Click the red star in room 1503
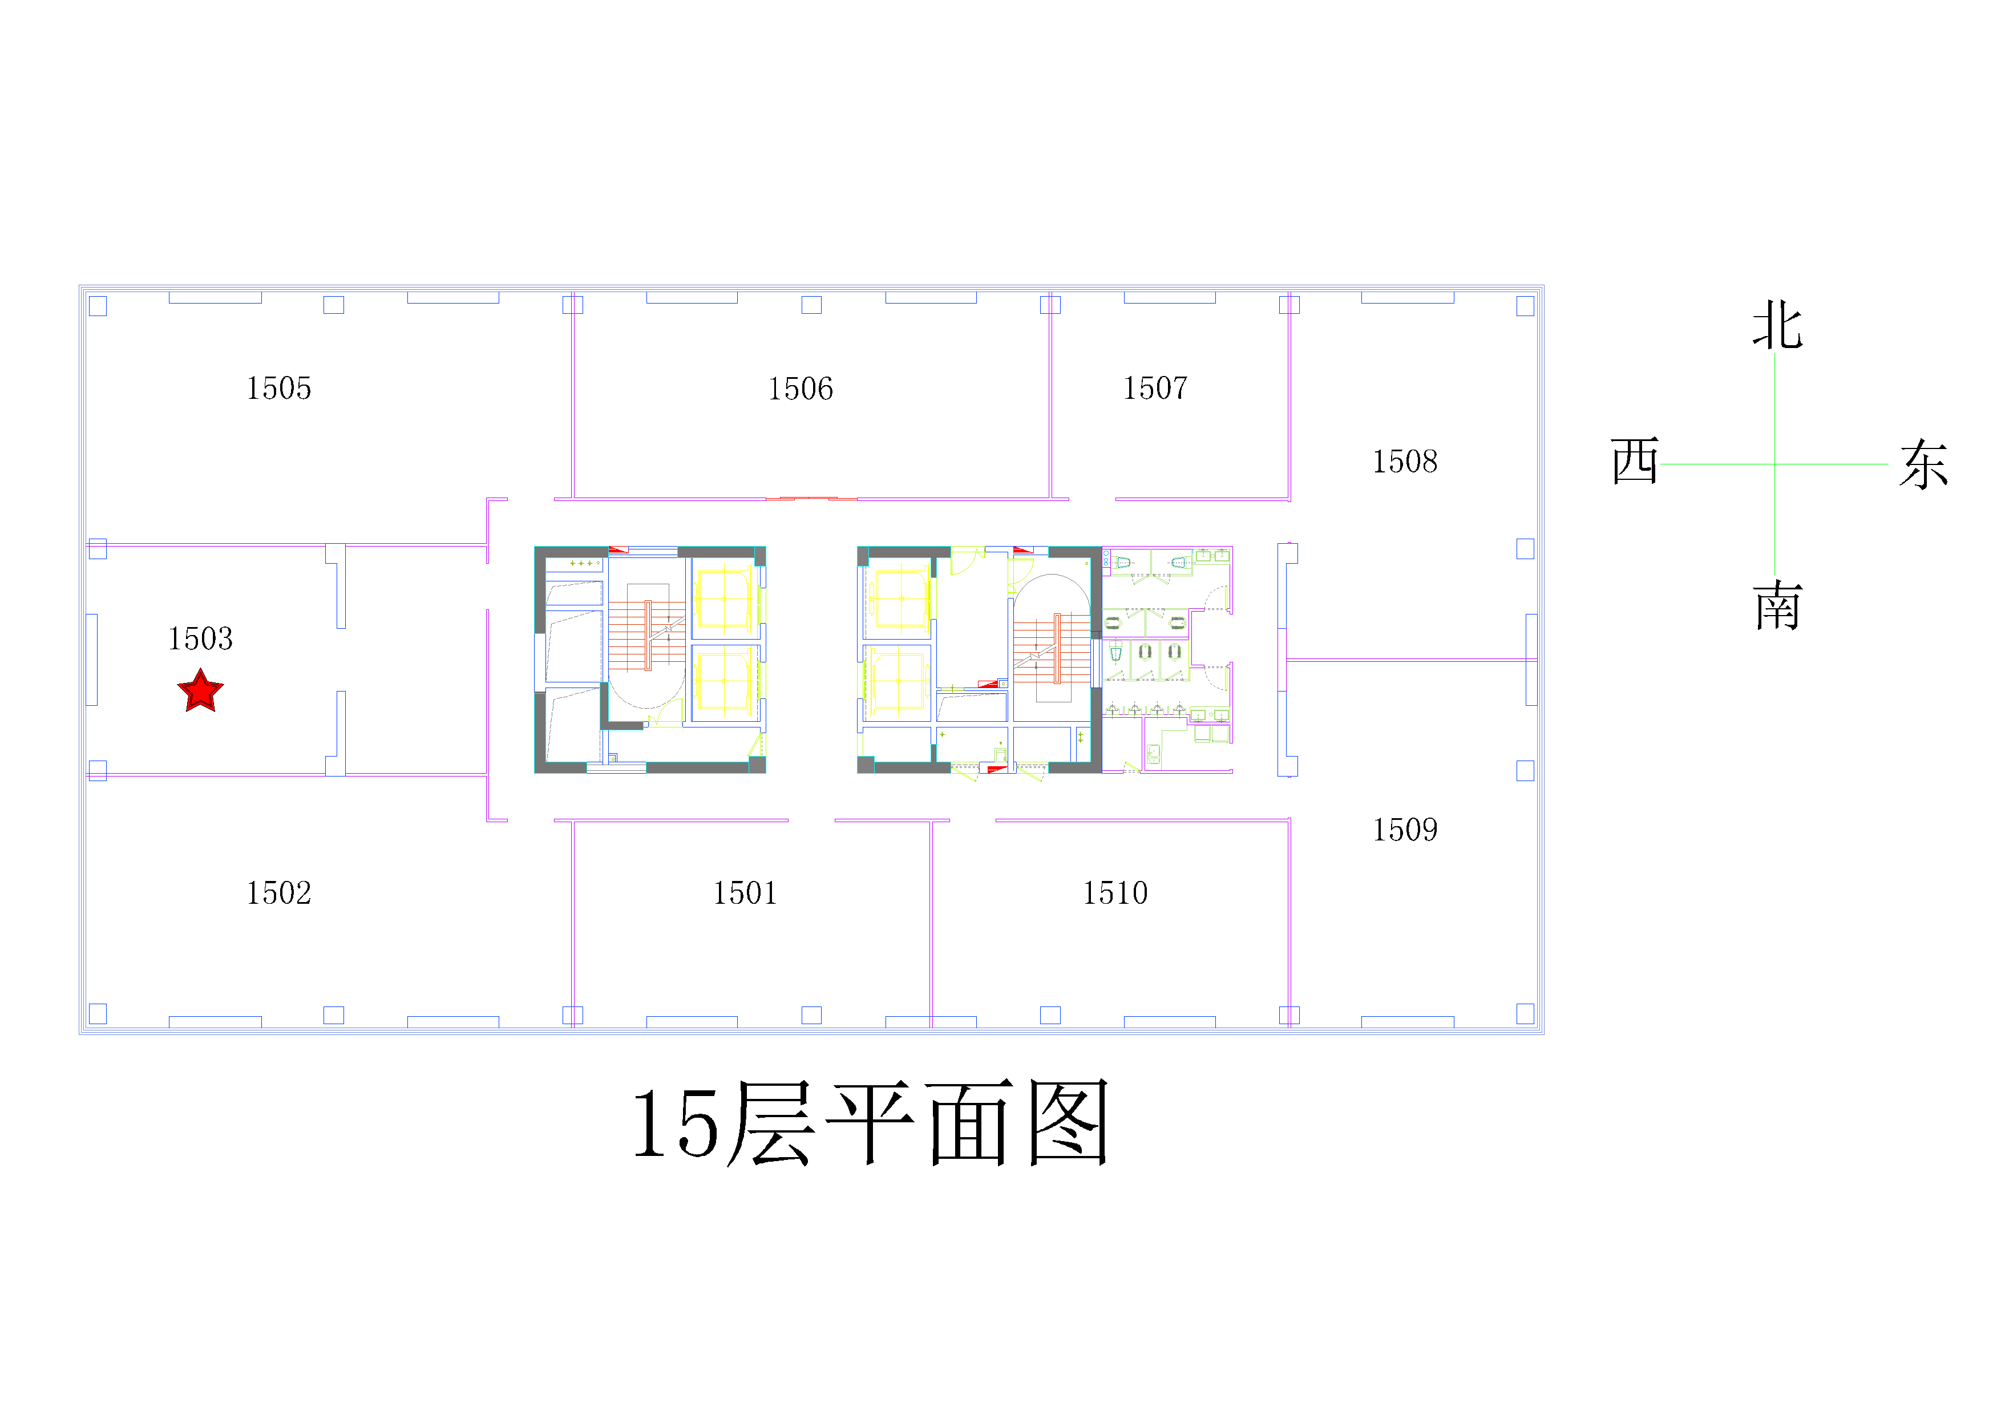click(x=200, y=691)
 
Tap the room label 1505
click(x=279, y=389)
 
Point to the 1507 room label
click(x=1155, y=389)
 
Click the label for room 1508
click(x=1405, y=462)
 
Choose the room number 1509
click(x=1405, y=830)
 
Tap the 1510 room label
click(x=1115, y=893)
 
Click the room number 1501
click(x=745, y=893)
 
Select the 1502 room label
click(x=279, y=893)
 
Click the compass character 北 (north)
click(x=1778, y=326)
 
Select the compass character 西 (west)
click(x=1635, y=461)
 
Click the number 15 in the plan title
click(x=676, y=1124)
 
